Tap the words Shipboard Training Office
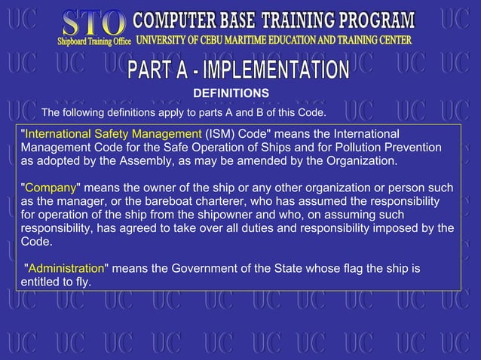coord(95,41)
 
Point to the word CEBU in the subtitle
coord(225,39)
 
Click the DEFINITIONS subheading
coord(231,93)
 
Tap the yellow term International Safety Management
coord(113,133)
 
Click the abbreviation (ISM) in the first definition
coord(219,133)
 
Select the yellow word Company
coord(48,188)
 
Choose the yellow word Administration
coord(66,268)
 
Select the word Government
coord(198,268)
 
